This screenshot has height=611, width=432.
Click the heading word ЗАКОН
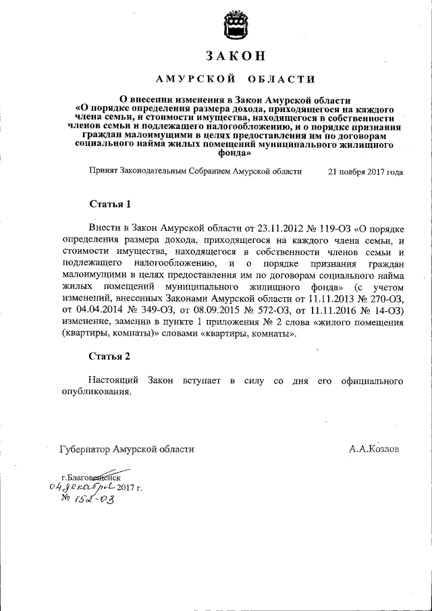pyautogui.click(x=236, y=55)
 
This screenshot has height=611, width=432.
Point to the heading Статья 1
pyautogui.click(x=109, y=204)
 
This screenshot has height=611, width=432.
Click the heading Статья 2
pyautogui.click(x=109, y=356)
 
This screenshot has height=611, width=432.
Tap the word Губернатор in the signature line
pyautogui.click(x=85, y=448)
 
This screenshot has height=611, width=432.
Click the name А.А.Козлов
pyautogui.click(x=374, y=448)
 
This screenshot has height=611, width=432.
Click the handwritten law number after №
pyautogui.click(x=94, y=500)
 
